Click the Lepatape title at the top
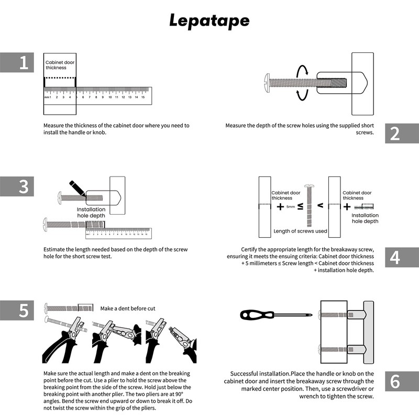tap(210, 20)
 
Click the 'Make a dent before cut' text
tap(128, 308)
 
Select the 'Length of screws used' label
tap(300, 231)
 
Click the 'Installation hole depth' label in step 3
tap(91, 212)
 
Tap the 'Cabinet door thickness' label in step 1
tap(60, 65)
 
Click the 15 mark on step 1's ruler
tap(142, 97)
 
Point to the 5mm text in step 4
tap(291, 207)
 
